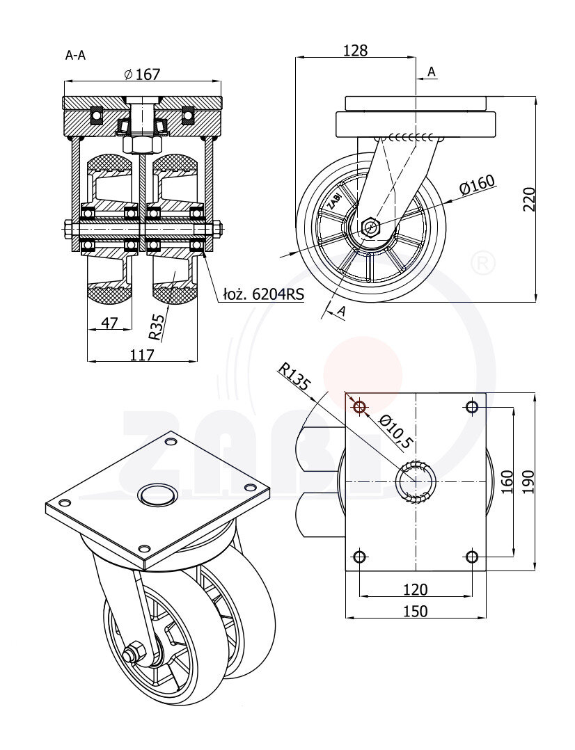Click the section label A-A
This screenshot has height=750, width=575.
pyautogui.click(x=75, y=55)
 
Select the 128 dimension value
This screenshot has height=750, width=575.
pyautogui.click(x=355, y=50)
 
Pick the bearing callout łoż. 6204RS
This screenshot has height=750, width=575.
pyautogui.click(x=263, y=294)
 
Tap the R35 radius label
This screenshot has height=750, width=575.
pyautogui.click(x=157, y=327)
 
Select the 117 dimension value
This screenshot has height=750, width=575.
pyautogui.click(x=142, y=355)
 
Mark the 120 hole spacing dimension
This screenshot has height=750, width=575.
pyautogui.click(x=415, y=589)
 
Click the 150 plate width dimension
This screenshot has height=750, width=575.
pyautogui.click(x=415, y=611)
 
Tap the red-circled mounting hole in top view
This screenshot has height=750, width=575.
pyautogui.click(x=360, y=407)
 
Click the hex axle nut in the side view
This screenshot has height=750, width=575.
pyautogui.click(x=370, y=227)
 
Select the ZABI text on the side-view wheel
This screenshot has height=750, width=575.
pyautogui.click(x=336, y=198)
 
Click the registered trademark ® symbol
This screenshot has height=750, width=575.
pyautogui.click(x=482, y=263)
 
